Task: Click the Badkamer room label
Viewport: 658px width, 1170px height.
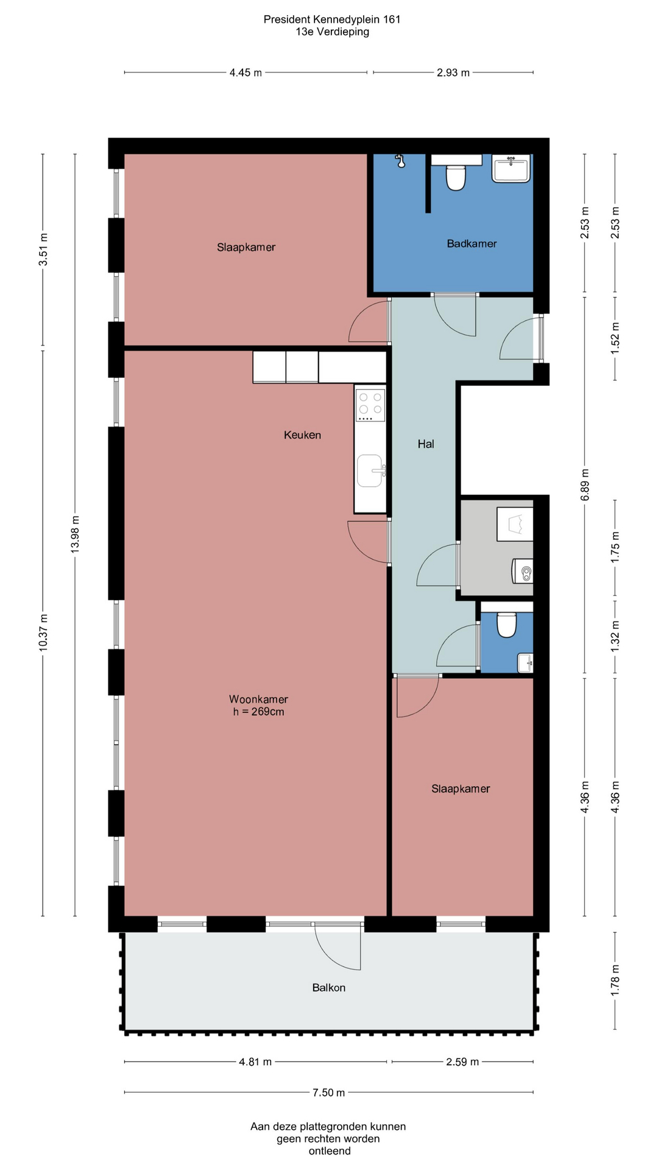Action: (x=472, y=244)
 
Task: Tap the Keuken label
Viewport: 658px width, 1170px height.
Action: (x=302, y=435)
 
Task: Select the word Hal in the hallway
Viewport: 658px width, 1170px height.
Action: (x=426, y=444)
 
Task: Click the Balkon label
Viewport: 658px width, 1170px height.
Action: (x=329, y=988)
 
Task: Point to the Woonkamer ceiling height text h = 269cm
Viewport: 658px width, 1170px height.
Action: (x=258, y=712)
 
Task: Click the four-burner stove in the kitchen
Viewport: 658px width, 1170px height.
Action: (x=371, y=405)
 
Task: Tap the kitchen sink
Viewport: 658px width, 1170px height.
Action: (x=371, y=471)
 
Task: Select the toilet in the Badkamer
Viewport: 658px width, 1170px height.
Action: (x=456, y=177)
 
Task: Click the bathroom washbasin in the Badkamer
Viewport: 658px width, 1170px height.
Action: (x=511, y=168)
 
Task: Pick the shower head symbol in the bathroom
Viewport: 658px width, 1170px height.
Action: (x=400, y=160)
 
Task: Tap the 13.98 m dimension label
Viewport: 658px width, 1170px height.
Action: (x=75, y=534)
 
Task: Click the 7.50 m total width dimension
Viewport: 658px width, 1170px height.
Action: (x=329, y=1093)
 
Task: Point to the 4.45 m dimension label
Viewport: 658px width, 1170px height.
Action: (x=246, y=73)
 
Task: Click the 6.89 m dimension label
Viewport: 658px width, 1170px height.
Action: (x=585, y=485)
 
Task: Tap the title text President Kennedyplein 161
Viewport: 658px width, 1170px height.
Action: (x=332, y=19)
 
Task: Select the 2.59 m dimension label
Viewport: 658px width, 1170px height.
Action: (x=462, y=1062)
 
